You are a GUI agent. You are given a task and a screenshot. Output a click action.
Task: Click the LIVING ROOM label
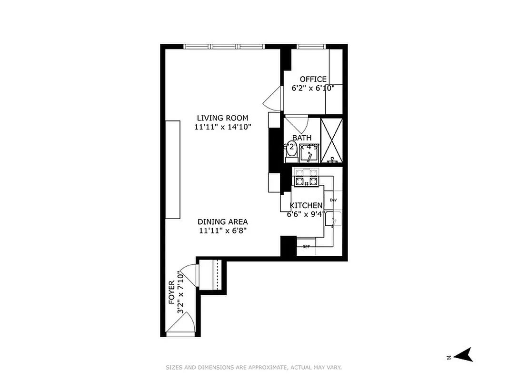coord(222,118)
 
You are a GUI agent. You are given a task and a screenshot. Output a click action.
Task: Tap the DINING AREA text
coord(222,222)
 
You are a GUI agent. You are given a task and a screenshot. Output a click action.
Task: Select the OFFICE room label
coord(313,79)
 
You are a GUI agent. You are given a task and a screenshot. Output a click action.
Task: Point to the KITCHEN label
coord(306,205)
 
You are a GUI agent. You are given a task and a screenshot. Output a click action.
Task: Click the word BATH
coord(302,138)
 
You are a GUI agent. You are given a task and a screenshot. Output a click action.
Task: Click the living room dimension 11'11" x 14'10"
coord(222,127)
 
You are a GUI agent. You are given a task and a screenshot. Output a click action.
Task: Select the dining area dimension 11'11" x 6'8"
coord(222,231)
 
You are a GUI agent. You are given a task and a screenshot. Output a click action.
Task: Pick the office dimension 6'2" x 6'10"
coord(313,88)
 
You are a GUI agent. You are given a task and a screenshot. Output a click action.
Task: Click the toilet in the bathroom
coord(291,151)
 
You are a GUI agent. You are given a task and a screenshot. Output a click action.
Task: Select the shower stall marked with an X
coord(331,140)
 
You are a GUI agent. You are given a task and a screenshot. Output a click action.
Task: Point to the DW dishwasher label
coord(333,200)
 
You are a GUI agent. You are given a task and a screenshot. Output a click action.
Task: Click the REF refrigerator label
coord(306,246)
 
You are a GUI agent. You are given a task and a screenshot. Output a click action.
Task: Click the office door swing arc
coord(271,99)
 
